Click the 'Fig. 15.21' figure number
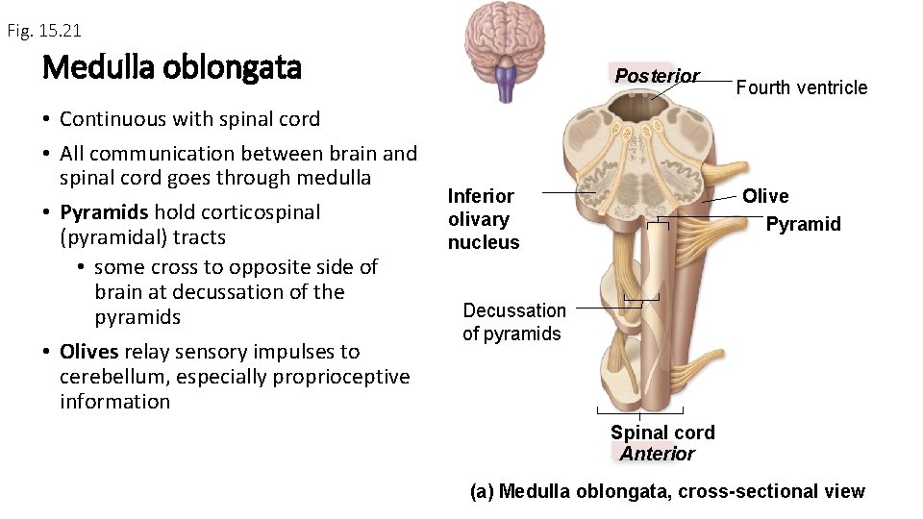click(44, 31)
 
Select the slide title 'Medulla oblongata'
click(172, 68)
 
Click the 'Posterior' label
click(657, 76)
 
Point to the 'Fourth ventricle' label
click(801, 87)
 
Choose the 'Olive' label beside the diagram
click(765, 196)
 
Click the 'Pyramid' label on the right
click(803, 224)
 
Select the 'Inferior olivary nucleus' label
click(483, 219)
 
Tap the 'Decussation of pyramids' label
click(513, 322)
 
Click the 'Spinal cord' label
click(662, 432)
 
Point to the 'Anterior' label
click(657, 454)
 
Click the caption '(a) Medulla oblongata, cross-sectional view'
click(667, 492)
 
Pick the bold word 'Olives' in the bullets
click(88, 352)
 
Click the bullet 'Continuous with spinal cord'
click(189, 119)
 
